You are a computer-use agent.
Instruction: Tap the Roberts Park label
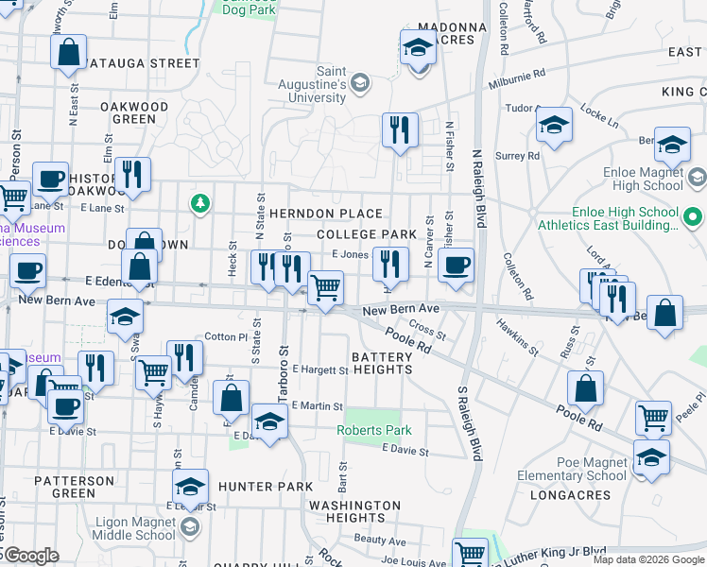coord(375,430)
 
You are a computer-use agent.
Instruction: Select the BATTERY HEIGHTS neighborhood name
coord(382,363)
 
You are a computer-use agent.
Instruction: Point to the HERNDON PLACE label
coord(325,214)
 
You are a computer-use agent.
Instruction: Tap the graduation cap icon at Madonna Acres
coord(417,48)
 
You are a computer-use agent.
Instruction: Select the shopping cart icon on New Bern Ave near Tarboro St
coord(325,287)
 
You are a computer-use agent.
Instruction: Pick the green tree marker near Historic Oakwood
coord(199,201)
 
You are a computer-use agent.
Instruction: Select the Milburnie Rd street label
coord(518,78)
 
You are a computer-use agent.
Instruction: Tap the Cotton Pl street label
coord(226,336)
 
